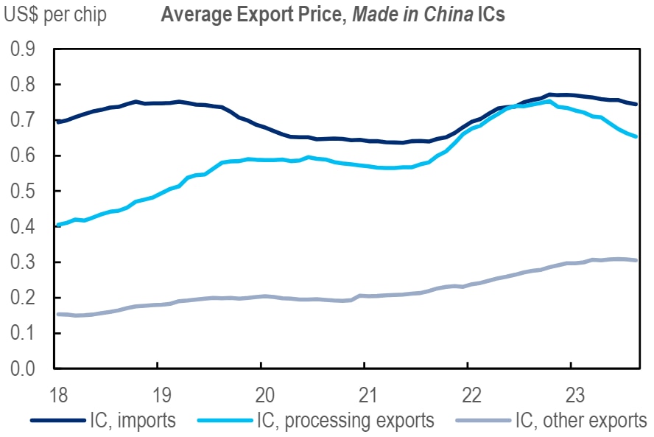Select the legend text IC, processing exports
tap(345, 421)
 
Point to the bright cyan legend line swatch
tap(225, 421)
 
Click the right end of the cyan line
tap(636, 136)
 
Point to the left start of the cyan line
tap(57, 225)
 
